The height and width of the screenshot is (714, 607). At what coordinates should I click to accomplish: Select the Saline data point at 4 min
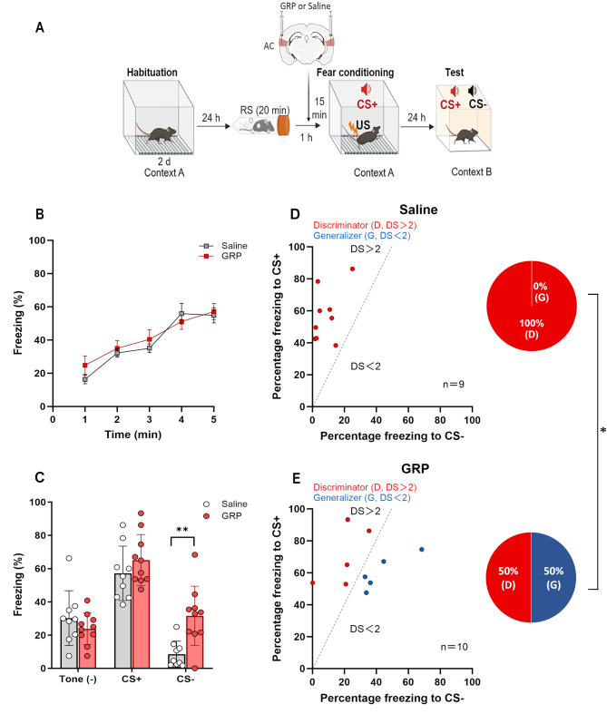coord(182,313)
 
